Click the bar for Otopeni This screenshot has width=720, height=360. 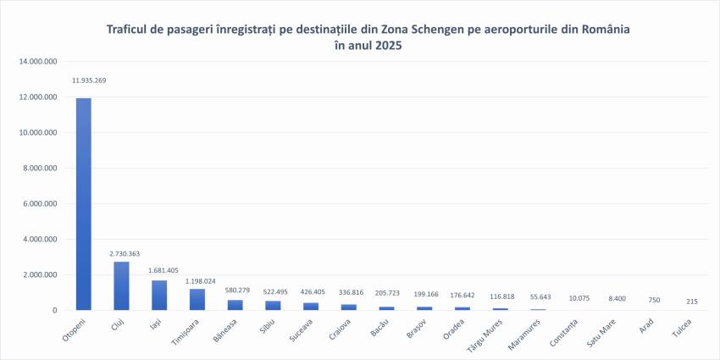coord(84,203)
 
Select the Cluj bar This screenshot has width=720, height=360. coord(122,285)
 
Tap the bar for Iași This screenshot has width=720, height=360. coord(159,295)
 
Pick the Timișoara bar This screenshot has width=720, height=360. coord(197,299)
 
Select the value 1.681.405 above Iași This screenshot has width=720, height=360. coord(163,271)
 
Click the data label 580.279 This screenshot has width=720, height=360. coord(236,291)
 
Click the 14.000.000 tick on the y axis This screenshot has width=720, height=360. coord(38,62)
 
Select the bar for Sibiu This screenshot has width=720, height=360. coord(273,305)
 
